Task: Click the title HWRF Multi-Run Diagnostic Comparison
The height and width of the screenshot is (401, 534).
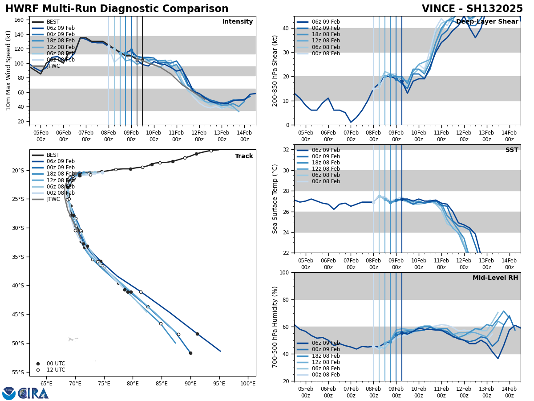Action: [x=117, y=9]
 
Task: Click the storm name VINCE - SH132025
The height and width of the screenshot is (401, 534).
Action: [x=472, y=9]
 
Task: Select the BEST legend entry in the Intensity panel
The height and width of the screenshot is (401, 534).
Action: [x=53, y=22]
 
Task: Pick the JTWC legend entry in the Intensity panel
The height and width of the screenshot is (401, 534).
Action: [x=53, y=66]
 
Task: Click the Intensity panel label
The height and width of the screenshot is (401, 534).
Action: [x=238, y=22]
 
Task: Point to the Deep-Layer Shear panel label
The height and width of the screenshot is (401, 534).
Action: [x=487, y=22]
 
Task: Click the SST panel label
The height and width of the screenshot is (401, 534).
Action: [x=512, y=150]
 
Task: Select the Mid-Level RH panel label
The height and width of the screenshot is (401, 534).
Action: [x=495, y=278]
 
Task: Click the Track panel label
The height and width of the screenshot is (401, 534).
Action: [x=244, y=156]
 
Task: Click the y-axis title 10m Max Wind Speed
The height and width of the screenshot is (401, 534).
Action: [x=8, y=70]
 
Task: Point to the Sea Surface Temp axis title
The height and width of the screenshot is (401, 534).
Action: [x=275, y=199]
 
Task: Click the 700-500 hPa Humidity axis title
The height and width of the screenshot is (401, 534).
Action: [x=275, y=327]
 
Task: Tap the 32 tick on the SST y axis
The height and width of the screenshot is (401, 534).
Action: [x=287, y=150]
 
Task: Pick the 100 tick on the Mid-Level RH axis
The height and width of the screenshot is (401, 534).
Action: [x=285, y=273]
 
